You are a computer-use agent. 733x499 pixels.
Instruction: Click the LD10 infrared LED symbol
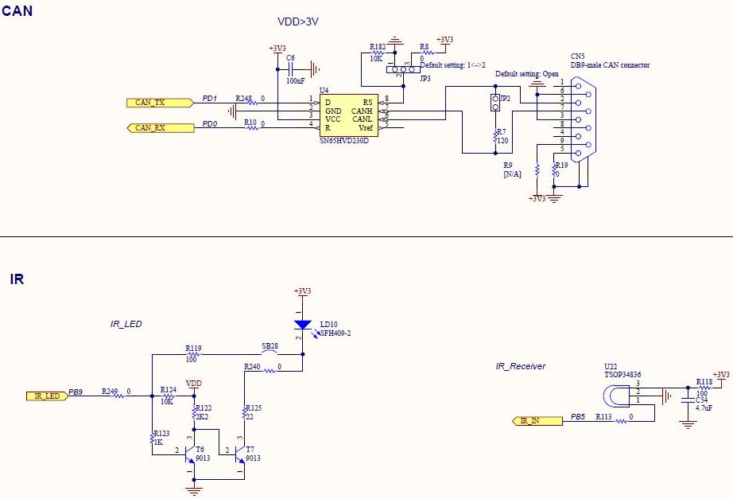[302, 325]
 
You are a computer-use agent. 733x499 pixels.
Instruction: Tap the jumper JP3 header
[403, 69]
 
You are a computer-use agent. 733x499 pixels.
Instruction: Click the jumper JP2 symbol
[494, 101]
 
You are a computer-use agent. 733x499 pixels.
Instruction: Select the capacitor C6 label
[290, 58]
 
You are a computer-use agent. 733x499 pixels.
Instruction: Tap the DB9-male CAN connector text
[610, 65]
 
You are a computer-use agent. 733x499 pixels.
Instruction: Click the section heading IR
[17, 279]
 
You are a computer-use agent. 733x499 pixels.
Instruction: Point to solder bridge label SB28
[270, 347]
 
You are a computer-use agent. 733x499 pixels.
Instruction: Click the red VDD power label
[194, 384]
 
